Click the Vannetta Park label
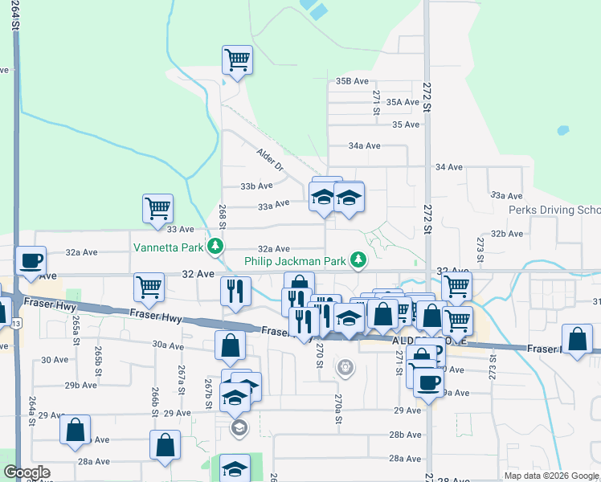click(168, 247)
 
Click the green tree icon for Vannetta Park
click(215, 246)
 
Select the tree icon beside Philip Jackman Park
click(358, 260)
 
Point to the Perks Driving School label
click(554, 210)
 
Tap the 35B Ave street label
click(352, 81)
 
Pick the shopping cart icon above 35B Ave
click(237, 60)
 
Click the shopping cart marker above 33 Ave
click(158, 209)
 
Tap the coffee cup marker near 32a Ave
click(31, 261)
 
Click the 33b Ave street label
click(257, 186)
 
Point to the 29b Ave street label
click(81, 386)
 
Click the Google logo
click(27, 472)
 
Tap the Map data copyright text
click(551, 476)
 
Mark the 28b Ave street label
click(406, 435)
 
